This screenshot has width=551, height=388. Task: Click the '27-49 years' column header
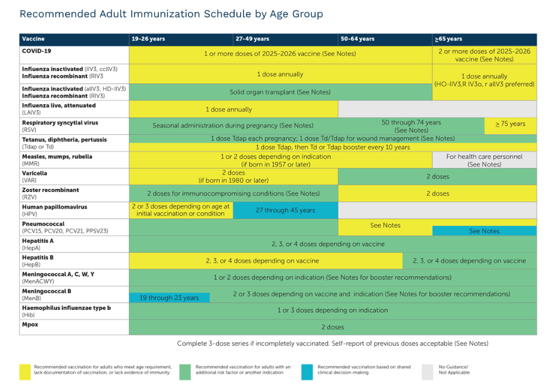[x=252, y=39]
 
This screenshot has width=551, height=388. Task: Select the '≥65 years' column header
[x=448, y=39]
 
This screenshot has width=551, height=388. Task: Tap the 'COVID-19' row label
[x=37, y=51]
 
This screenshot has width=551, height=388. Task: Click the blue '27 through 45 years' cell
[x=285, y=210]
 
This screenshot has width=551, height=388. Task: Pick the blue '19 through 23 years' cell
[x=170, y=298]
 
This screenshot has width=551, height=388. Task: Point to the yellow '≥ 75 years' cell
[x=510, y=126]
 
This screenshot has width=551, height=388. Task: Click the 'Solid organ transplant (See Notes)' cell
[x=280, y=92]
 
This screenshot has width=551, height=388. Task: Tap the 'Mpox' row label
[x=30, y=324]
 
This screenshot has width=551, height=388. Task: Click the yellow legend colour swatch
[x=25, y=372]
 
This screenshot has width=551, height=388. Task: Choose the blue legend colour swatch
[x=307, y=372]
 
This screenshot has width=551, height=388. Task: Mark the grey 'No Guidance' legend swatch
[x=427, y=372]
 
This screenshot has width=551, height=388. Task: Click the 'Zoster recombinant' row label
[x=51, y=190]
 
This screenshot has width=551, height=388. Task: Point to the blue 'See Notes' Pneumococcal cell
[x=484, y=231]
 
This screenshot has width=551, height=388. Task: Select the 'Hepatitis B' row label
[x=38, y=257]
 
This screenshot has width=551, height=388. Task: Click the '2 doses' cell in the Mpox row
[x=333, y=327]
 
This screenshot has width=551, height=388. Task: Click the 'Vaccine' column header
[x=33, y=39]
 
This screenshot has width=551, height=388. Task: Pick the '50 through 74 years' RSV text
[x=411, y=122]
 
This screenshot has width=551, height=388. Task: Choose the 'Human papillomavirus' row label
[x=55, y=207]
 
